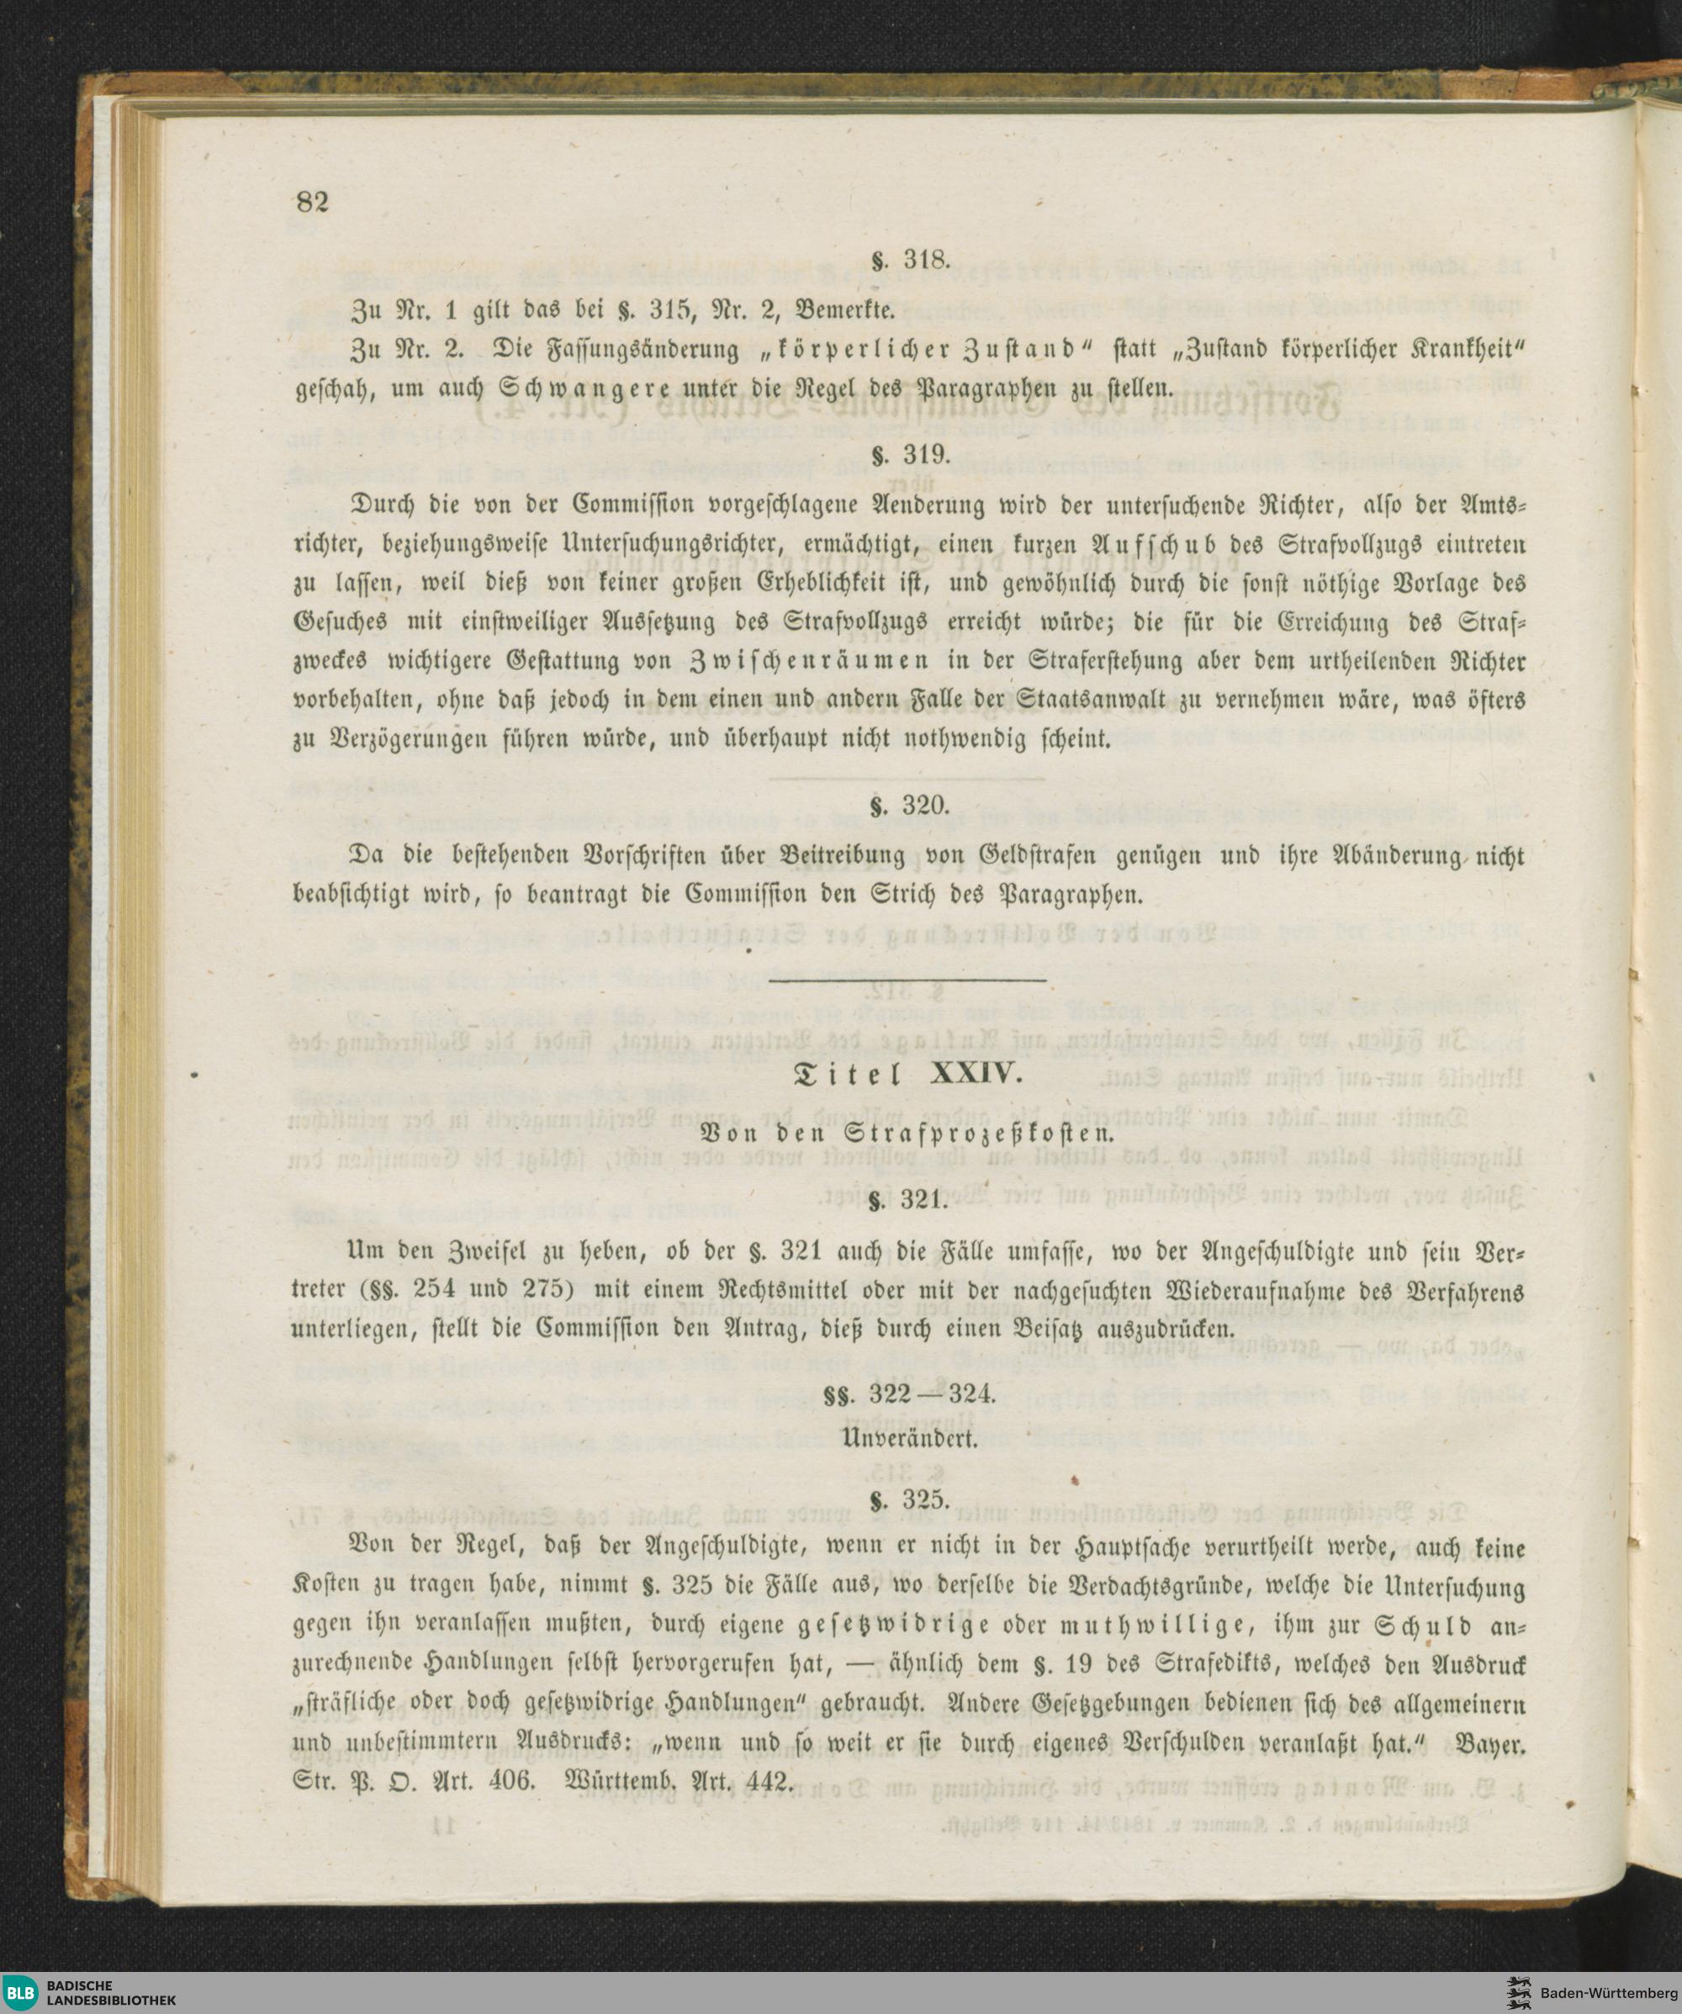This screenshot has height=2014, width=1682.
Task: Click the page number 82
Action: click(x=313, y=203)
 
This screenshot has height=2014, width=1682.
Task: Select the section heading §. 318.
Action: click(x=909, y=260)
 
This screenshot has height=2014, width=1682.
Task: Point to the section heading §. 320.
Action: click(x=909, y=806)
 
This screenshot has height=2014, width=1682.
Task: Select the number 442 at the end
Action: click(x=766, y=1782)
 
